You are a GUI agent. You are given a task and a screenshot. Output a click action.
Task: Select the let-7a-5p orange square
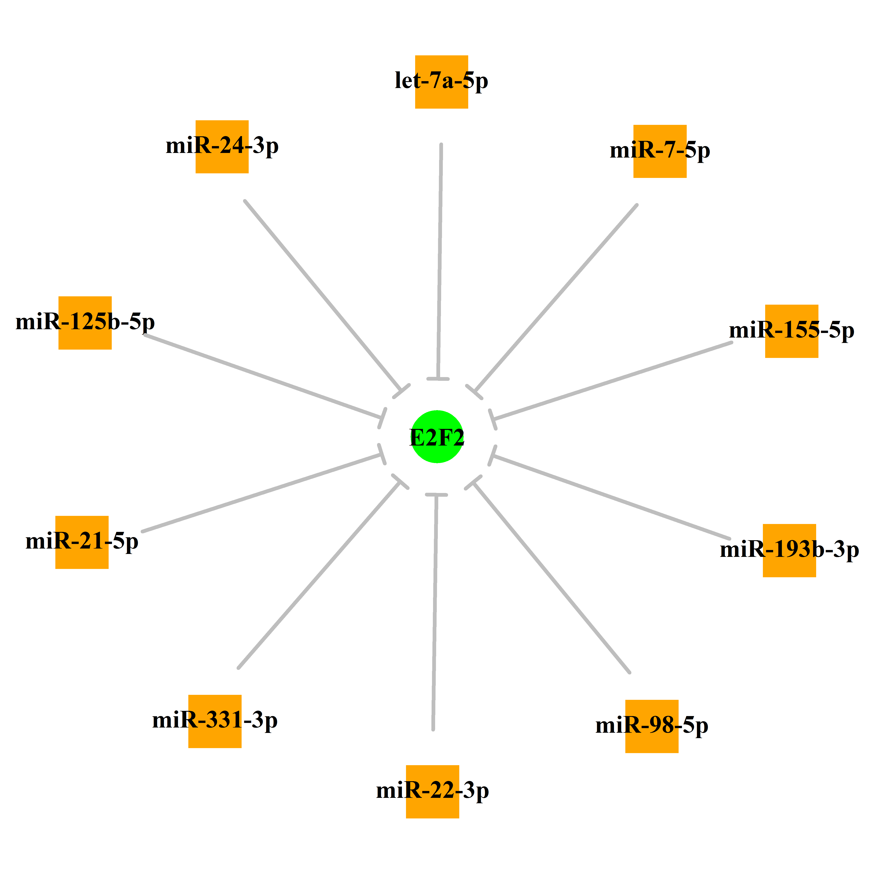[x=442, y=82]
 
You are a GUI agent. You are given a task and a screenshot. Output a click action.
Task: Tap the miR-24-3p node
[x=222, y=146]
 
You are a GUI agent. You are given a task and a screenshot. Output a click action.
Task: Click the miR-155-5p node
[x=792, y=331]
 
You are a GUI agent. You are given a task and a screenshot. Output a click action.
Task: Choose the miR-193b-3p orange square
[x=789, y=551]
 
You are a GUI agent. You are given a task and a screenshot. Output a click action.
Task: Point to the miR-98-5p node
[x=652, y=726]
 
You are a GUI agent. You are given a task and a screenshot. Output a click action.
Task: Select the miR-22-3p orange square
[x=432, y=792]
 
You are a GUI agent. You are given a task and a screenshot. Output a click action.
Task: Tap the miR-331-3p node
[x=215, y=721]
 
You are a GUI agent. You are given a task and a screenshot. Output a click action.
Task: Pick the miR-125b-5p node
[x=85, y=323]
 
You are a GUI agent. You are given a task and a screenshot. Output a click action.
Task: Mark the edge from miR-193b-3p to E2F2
[x=611, y=497]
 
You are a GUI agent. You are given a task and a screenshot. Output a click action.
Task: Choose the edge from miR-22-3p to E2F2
[x=435, y=612]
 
